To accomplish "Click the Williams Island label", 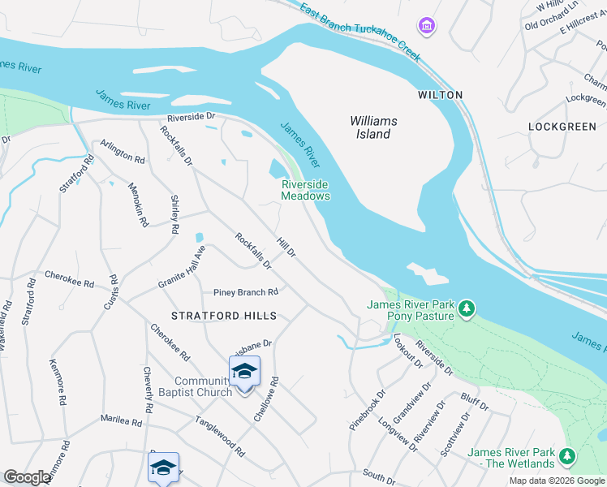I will click(x=373, y=127).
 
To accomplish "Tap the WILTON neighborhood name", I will click(x=440, y=95).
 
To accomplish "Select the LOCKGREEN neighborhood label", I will click(x=562, y=127).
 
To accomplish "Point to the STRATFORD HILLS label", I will click(x=224, y=316).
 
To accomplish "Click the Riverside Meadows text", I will click(x=305, y=190).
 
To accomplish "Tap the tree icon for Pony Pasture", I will click(x=467, y=308).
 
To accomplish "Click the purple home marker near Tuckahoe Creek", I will click(x=426, y=27).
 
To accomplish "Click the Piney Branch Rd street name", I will click(x=245, y=292).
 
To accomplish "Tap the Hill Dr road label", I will click(x=286, y=248).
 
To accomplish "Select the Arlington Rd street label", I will click(x=122, y=151).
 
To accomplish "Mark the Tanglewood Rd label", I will click(x=219, y=435).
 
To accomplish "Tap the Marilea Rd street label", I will click(x=121, y=420).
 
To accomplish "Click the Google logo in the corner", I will click(x=27, y=477).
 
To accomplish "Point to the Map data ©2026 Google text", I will click(x=556, y=481).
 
